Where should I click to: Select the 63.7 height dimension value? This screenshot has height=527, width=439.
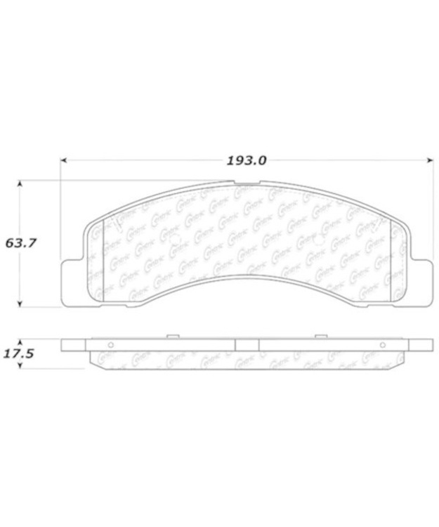[21, 245]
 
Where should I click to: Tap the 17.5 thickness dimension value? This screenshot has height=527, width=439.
[19, 353]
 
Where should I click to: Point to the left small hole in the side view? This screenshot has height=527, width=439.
[110, 346]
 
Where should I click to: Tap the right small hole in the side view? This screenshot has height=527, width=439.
[384, 346]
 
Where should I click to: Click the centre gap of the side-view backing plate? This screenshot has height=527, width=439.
[247, 345]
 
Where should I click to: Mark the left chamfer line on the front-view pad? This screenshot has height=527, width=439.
[103, 260]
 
